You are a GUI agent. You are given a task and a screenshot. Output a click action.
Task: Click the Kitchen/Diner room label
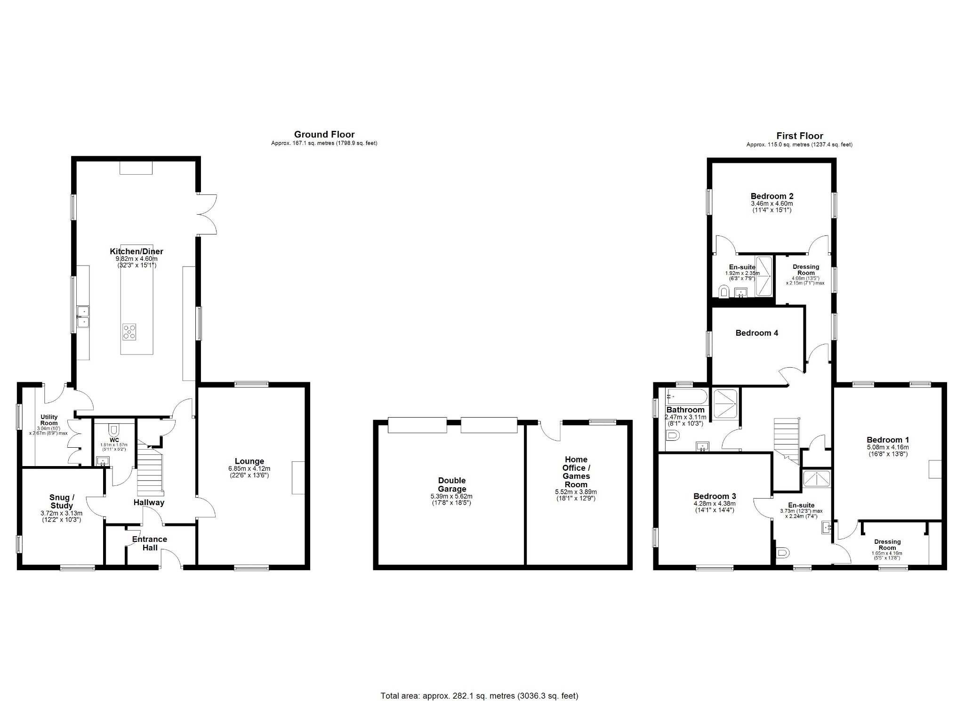137,251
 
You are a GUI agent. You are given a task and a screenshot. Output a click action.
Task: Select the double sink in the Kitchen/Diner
84,316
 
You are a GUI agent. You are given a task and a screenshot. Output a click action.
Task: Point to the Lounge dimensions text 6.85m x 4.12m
249,469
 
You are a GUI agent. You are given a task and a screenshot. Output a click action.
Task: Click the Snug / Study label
62,501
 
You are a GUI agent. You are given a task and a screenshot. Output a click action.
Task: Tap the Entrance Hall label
149,543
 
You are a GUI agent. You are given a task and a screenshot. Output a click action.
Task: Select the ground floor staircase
150,471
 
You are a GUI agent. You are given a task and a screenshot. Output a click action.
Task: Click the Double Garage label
451,484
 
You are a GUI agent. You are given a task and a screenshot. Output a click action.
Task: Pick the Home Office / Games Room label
576,472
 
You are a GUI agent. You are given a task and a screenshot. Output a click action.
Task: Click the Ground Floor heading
324,135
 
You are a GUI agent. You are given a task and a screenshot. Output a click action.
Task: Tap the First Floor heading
799,136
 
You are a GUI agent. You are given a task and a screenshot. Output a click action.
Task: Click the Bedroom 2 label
772,196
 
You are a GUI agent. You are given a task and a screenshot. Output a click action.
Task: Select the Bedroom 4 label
756,333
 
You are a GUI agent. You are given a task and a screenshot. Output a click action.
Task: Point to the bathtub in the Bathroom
687,396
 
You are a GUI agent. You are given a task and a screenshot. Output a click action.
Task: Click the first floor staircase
787,440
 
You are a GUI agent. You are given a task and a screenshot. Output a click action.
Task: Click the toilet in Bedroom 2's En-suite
723,292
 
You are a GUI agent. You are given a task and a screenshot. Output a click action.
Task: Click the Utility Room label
49,420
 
